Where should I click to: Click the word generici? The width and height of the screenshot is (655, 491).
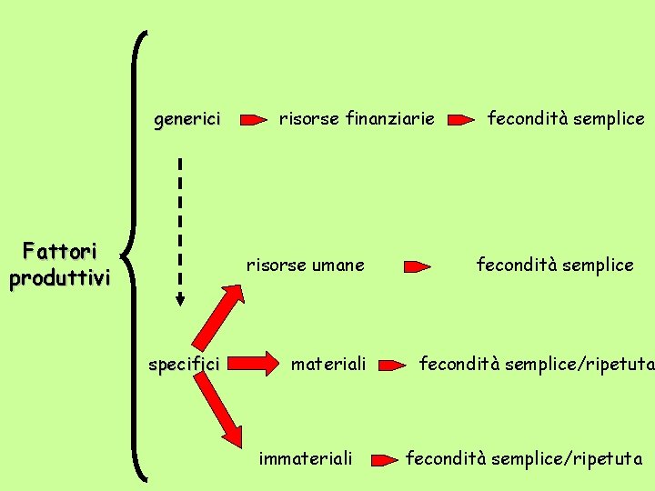pyautogui.click(x=187, y=119)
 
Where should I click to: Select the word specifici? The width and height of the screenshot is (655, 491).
pyautogui.click(x=184, y=365)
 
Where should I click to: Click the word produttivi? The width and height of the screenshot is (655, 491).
pyautogui.click(x=60, y=277)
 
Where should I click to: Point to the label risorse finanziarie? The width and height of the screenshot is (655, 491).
pyautogui.click(x=357, y=118)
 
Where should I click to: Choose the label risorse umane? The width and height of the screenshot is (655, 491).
pyautogui.click(x=305, y=266)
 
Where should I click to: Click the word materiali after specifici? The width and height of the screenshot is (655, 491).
pyautogui.click(x=328, y=365)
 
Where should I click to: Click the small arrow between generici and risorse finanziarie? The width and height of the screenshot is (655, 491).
pyautogui.click(x=255, y=119)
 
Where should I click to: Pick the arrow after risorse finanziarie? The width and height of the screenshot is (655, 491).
pyautogui.click(x=463, y=119)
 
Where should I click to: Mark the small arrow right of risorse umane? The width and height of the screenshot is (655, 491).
pyautogui.click(x=418, y=266)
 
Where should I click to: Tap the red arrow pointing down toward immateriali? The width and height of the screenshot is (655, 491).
pyautogui.click(x=220, y=413)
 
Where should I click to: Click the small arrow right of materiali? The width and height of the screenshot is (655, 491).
pyautogui.click(x=392, y=366)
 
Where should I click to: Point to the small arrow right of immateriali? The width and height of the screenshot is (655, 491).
pyautogui.click(x=387, y=459)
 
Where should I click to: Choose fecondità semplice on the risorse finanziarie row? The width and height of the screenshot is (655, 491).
pyautogui.click(x=566, y=118)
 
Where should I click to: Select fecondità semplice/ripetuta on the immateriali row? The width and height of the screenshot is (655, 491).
pyautogui.click(x=524, y=459)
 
